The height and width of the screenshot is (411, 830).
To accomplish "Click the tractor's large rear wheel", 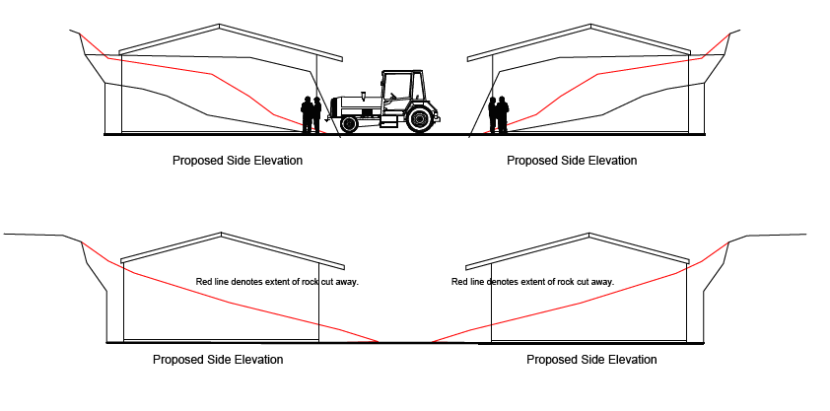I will tap(421, 119).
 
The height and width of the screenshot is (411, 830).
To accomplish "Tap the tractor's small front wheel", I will tap(349, 124).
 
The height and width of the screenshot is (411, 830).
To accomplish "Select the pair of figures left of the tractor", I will tap(311, 114).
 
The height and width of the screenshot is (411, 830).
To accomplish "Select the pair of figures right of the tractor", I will tap(498, 114).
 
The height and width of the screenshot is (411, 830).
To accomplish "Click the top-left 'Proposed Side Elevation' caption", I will tap(238, 160).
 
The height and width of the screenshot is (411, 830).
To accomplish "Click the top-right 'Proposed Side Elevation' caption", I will tap(572, 160).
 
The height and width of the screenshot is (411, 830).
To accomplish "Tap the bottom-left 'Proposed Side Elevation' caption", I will tap(218, 360).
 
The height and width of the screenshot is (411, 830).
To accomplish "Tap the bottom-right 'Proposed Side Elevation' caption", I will tap(591, 360).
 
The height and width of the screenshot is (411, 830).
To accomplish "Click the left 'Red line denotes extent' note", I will tap(277, 282).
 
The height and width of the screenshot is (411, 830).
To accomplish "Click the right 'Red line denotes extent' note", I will tap(532, 282).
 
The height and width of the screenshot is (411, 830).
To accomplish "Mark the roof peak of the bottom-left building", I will tap(219, 235).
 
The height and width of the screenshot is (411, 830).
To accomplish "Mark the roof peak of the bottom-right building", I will tap(590, 235).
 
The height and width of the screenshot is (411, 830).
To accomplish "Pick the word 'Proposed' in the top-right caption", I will tap(529, 160).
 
